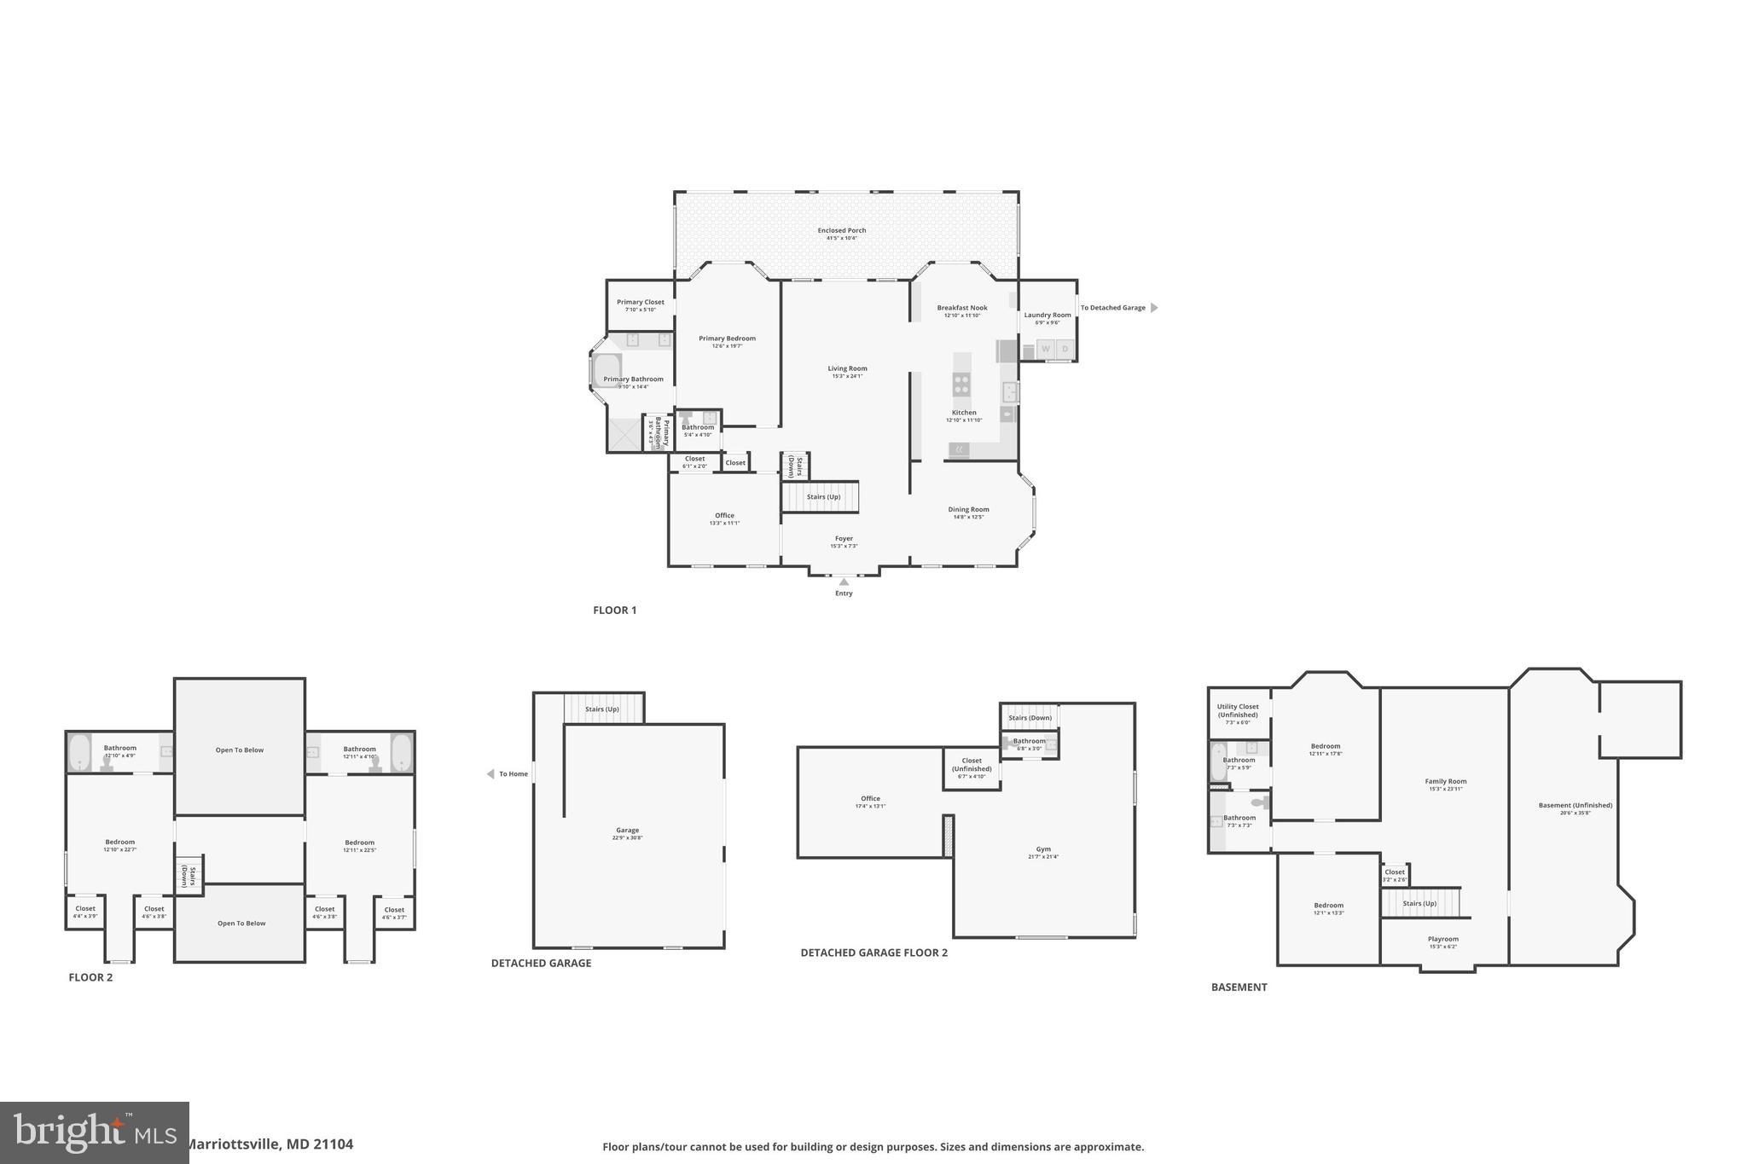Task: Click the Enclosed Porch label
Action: pos(841,230)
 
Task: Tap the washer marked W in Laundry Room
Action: pos(1045,349)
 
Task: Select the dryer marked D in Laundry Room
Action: pos(1065,349)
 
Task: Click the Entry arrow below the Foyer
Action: pos(844,582)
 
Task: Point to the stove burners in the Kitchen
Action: pos(961,385)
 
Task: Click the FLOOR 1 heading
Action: pos(614,610)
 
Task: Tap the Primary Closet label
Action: pos(640,302)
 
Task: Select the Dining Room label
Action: pos(968,510)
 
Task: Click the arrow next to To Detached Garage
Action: pos(1154,308)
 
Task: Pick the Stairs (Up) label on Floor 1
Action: pos(823,497)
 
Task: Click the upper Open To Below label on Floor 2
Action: pos(240,750)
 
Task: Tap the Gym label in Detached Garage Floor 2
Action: pos(1043,849)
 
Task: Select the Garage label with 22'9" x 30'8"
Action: pos(627,831)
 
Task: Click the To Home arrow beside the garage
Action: pos(490,774)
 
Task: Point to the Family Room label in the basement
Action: pos(1445,781)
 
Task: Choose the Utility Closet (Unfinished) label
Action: pos(1237,710)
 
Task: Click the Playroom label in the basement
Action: pos(1442,939)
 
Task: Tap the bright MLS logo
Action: pos(94,1132)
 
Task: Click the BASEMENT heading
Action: pos(1239,987)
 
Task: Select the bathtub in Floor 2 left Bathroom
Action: pos(80,753)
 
